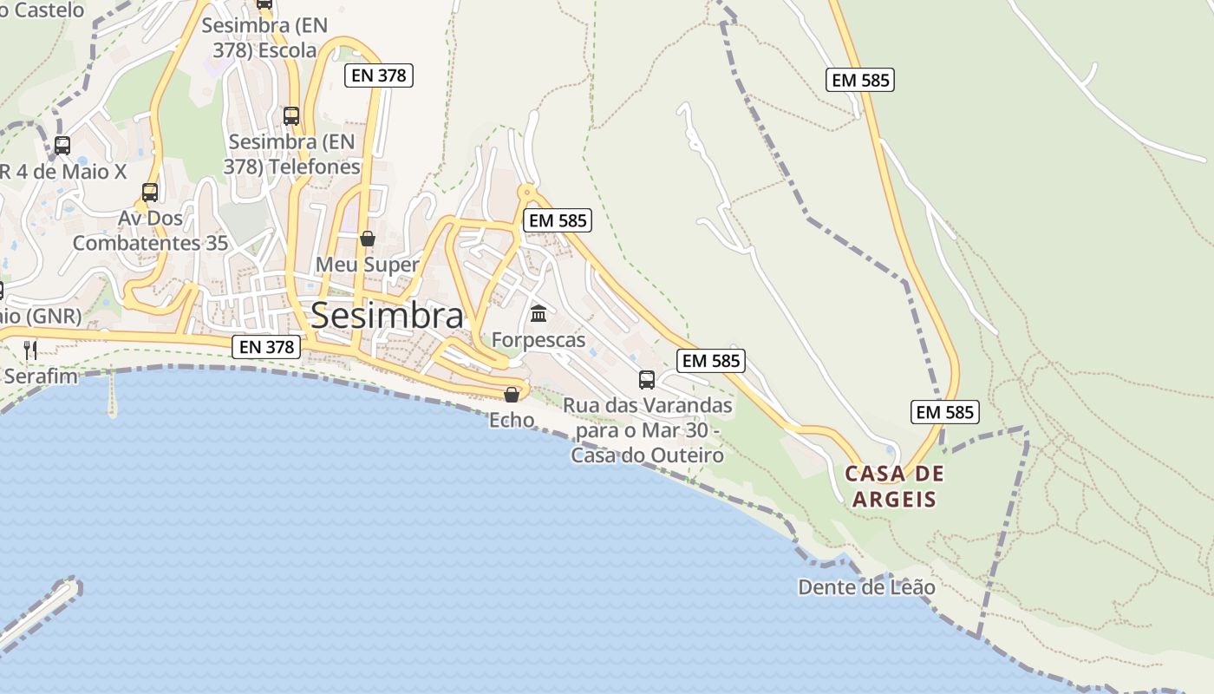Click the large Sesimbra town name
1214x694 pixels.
click(x=387, y=316)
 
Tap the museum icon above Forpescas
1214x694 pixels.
click(x=538, y=313)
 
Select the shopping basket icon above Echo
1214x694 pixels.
click(x=512, y=395)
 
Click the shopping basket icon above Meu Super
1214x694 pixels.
click(x=368, y=239)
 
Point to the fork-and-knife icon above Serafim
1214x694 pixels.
click(x=30, y=350)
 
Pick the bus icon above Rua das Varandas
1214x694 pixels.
click(x=647, y=379)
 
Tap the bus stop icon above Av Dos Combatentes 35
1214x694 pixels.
click(x=150, y=192)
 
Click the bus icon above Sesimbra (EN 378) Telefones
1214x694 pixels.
click(x=291, y=115)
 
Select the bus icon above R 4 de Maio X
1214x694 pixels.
click(x=62, y=145)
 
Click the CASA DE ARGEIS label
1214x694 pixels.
click(x=894, y=487)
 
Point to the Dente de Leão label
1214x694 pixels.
click(x=866, y=587)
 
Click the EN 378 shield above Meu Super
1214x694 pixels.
click(x=379, y=75)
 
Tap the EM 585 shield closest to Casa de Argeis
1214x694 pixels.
click(x=944, y=412)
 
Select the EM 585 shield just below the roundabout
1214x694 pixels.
click(x=558, y=220)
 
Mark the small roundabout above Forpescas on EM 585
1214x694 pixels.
click(x=525, y=192)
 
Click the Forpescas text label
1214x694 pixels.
click(x=538, y=340)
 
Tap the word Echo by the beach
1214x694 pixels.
click(x=512, y=420)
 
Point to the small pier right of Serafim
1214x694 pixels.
click(x=111, y=395)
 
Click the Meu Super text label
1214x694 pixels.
click(x=368, y=265)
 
